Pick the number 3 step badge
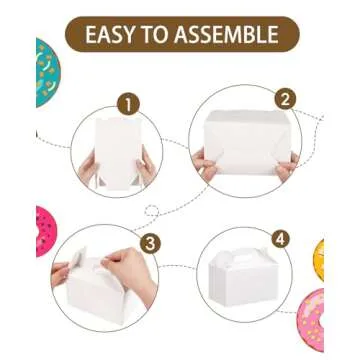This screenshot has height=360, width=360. click(149, 242)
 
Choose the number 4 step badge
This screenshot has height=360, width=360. click(280, 239)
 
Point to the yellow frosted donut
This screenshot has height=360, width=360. click(318, 258)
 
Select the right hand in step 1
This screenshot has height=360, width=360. click(145, 167)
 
